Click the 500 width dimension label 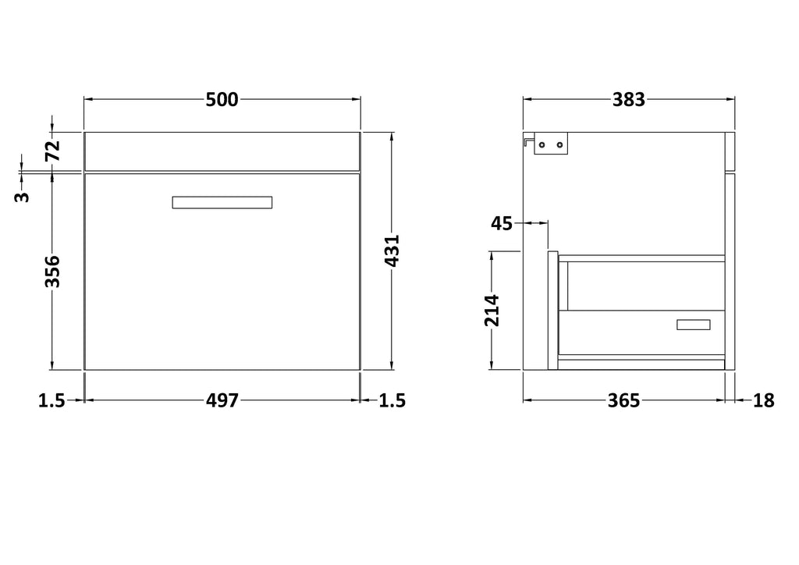(222, 99)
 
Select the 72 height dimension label (53, 150)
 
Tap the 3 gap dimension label (23, 197)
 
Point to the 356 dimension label (53, 272)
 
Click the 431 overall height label (392, 251)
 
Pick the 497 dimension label (222, 400)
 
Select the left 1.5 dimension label (52, 400)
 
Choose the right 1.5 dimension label (392, 400)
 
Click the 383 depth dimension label (629, 99)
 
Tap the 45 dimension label (502, 223)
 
